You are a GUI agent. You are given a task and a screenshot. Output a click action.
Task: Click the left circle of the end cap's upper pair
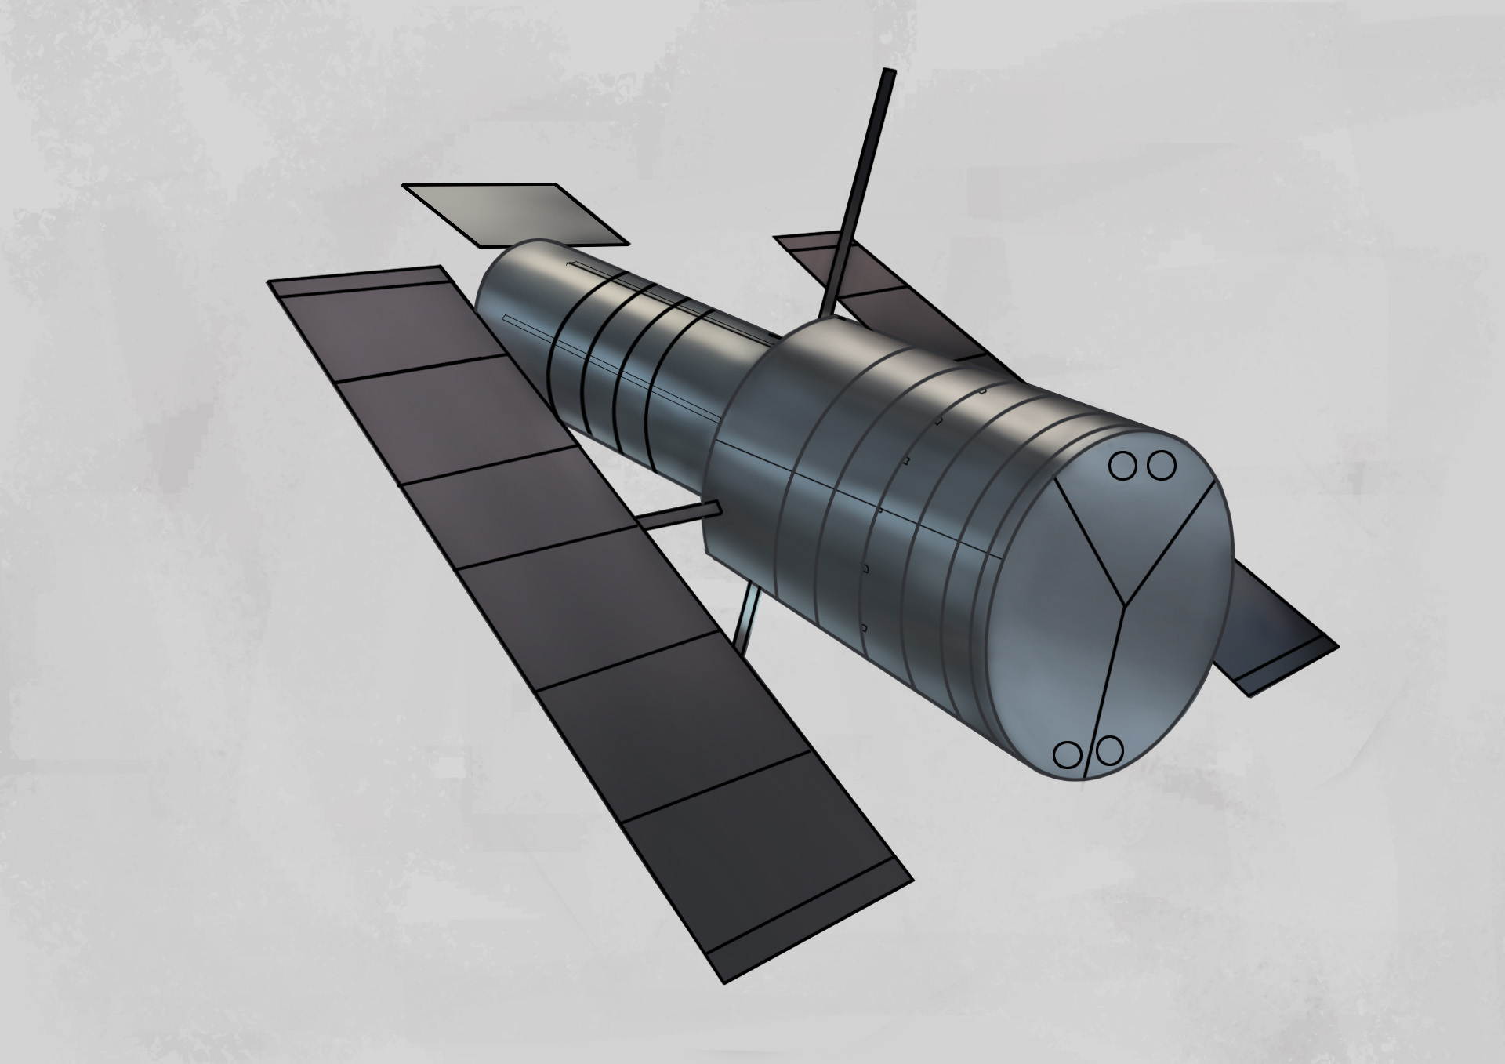point(1122,467)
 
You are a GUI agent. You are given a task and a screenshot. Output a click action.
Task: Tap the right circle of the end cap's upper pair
point(1162,467)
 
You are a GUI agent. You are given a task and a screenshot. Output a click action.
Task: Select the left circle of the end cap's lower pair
point(1066,755)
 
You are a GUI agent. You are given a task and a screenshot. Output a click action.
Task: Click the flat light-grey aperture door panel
point(515,213)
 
